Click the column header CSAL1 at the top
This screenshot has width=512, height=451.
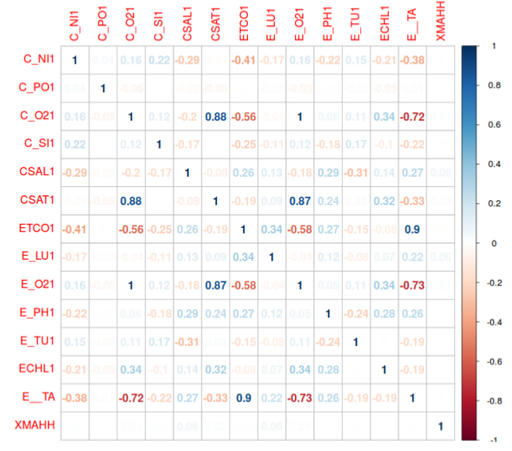[187, 26]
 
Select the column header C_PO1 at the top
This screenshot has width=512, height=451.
[102, 26]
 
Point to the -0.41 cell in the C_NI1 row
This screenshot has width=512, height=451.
[244, 60]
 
